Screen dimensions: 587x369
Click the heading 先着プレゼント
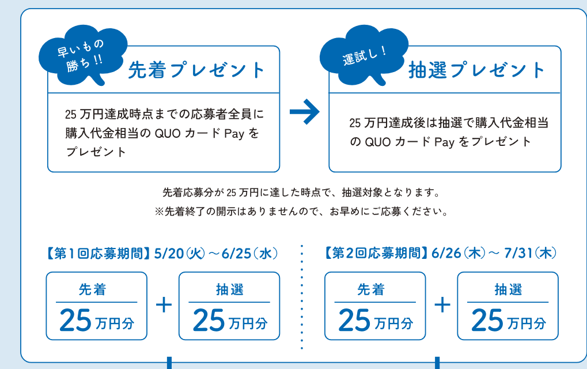[196, 70]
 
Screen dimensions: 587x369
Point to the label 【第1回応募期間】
[96, 254]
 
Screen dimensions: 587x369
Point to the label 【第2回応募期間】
[375, 254]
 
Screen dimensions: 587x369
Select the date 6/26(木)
[457, 254]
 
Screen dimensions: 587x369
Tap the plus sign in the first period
[164, 305]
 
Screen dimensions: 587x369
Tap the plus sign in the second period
[442, 305]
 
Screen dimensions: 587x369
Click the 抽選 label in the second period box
[508, 289]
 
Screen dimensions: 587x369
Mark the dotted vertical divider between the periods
[302, 297]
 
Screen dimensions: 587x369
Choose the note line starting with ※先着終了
[301, 212]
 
